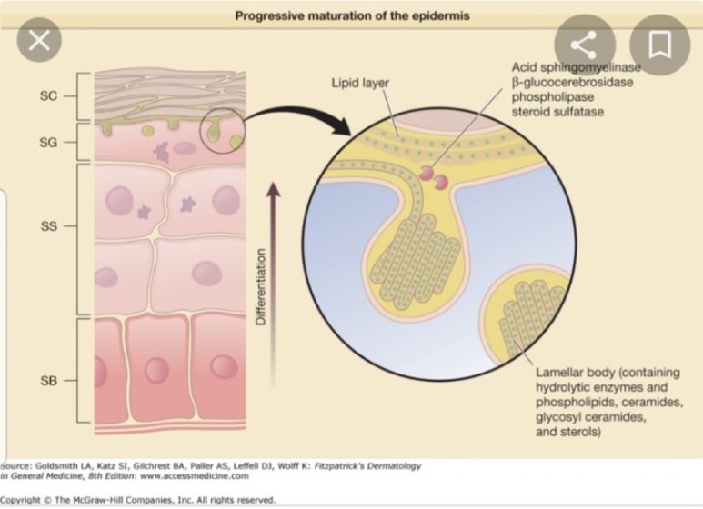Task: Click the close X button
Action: pos(39,40)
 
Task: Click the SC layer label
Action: pos(50,95)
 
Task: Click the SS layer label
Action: pos(50,225)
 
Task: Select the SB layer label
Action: pos(50,379)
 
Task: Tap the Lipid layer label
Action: pos(360,83)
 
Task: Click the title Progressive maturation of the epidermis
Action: pos(353,16)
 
